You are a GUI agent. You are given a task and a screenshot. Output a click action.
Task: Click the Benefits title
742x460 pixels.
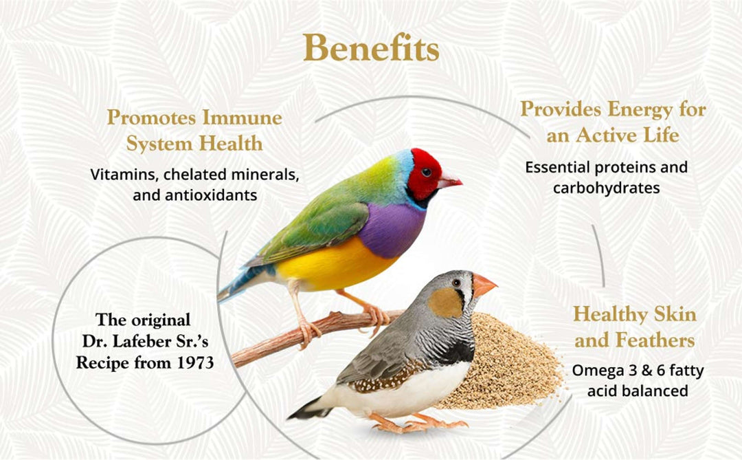pyautogui.click(x=371, y=48)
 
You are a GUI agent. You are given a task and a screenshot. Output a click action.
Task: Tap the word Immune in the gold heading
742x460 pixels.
pyautogui.click(x=242, y=118)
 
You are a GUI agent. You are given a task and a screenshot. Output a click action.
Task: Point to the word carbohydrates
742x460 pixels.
pyautogui.click(x=607, y=188)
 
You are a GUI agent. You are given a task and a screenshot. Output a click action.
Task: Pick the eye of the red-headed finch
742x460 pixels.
pyautogui.click(x=426, y=172)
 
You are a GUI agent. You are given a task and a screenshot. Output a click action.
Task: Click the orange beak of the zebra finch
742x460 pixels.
pyautogui.click(x=483, y=285)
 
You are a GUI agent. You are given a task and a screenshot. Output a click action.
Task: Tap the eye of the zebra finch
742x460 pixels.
pyautogui.click(x=456, y=283)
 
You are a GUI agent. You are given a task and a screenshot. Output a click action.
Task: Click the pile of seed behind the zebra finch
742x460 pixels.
pyautogui.click(x=508, y=364)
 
